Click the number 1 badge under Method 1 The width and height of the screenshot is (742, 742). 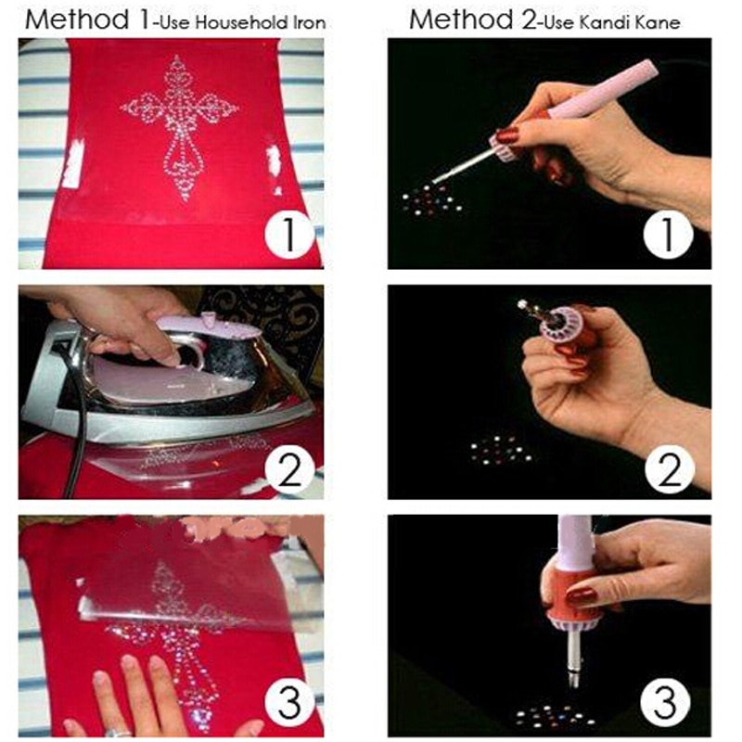coord(289,234)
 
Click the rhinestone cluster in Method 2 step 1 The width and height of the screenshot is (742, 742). coord(429,198)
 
